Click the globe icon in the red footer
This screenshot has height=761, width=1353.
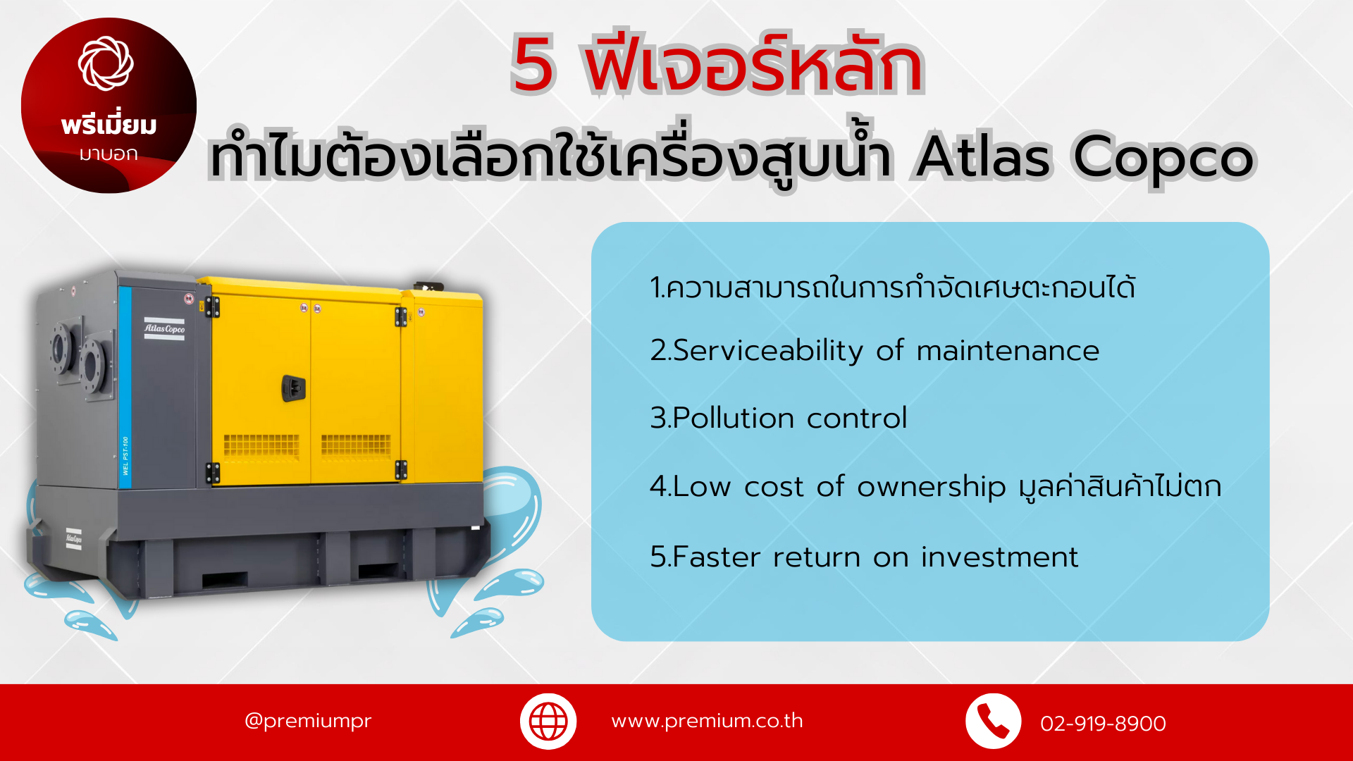(548, 722)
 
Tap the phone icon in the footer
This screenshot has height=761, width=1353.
(993, 722)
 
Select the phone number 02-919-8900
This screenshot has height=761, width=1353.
(1103, 724)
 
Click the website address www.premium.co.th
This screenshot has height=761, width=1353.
(707, 721)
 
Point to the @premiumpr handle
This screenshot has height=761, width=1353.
(308, 721)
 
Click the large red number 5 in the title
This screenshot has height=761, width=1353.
(533, 65)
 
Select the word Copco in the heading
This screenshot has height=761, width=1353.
(1163, 158)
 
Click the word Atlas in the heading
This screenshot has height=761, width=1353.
(984, 155)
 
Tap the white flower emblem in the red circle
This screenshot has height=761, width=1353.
(106, 63)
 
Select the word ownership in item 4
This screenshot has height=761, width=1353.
(931, 488)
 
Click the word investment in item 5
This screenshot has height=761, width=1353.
(999, 557)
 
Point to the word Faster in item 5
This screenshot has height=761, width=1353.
(717, 557)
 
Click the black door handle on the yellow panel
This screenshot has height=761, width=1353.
(294, 388)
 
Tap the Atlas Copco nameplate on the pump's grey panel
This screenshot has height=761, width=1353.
(164, 329)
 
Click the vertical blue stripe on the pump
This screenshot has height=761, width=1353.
(125, 388)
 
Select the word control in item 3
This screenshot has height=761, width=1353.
(857, 418)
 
